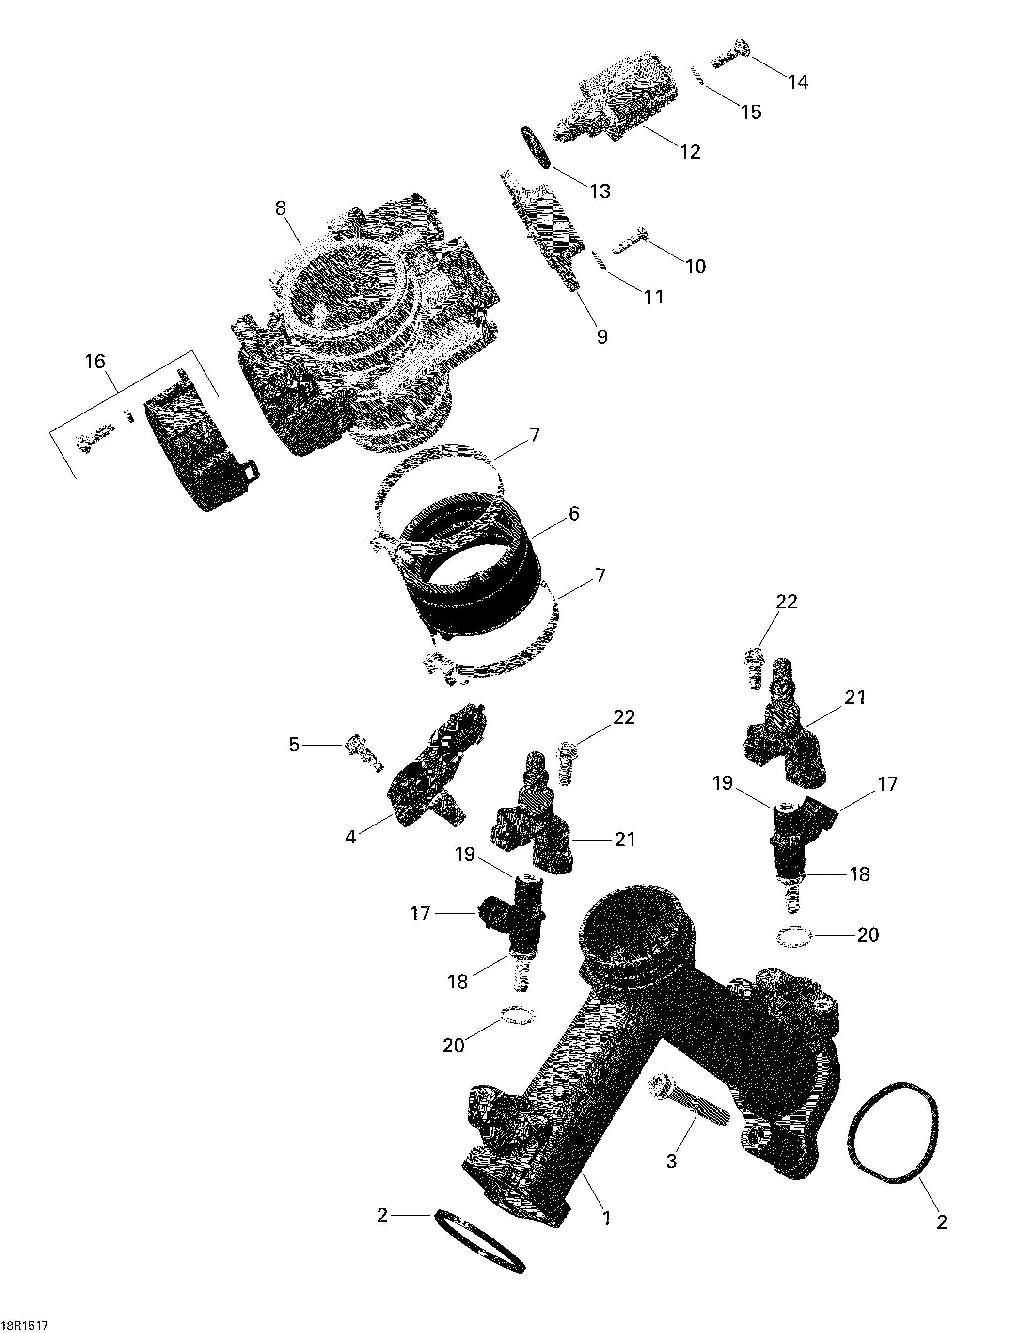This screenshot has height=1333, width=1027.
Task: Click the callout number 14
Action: (798, 82)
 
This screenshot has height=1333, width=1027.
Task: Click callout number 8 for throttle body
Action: (280, 209)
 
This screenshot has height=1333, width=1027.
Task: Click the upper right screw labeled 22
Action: (752, 667)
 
